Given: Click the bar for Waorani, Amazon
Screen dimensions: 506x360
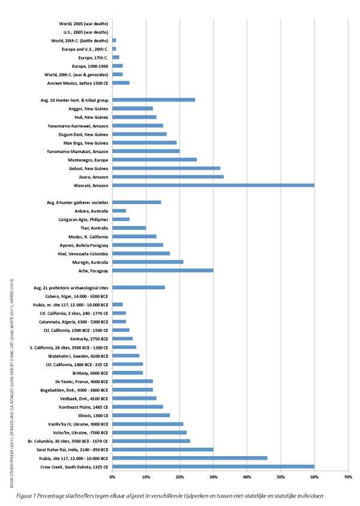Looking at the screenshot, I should (x=213, y=185).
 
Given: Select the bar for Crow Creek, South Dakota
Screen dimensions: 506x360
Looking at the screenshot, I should (x=213, y=466).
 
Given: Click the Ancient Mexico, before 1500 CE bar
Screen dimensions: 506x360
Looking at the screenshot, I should (x=121, y=83).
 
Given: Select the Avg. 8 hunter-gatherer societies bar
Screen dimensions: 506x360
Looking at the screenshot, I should (x=137, y=202).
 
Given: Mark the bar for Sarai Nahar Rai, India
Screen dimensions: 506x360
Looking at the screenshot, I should (x=163, y=449).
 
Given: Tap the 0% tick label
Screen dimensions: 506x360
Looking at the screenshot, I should (x=112, y=477).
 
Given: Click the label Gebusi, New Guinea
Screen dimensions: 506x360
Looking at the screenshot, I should (x=85, y=169).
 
